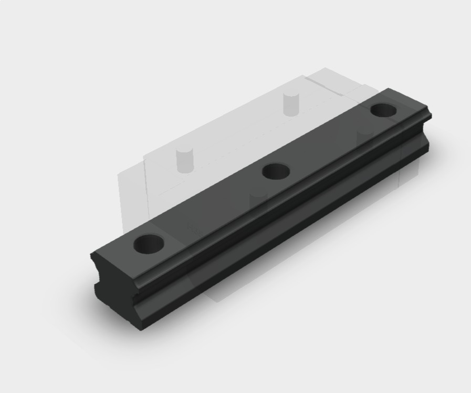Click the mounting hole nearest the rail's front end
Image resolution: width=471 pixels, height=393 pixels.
coord(149,243)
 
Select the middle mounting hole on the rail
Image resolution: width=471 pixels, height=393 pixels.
coord(276,171)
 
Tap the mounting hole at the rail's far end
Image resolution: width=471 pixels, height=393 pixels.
coord(383,110)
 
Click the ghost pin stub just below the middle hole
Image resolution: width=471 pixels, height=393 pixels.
coord(258,197)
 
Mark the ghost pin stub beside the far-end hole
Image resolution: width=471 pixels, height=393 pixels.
coord(363,138)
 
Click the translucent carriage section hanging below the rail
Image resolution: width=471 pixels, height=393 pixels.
coord(221,292)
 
